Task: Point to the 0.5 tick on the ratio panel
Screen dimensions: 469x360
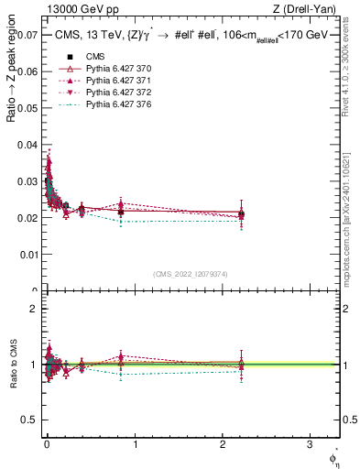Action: [x=31, y=420]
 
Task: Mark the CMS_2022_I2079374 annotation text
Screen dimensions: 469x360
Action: [x=191, y=275]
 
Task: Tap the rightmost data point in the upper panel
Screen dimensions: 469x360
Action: [x=241, y=214]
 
